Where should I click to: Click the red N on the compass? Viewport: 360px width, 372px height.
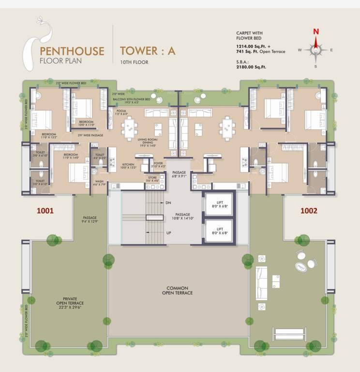pyautogui.click(x=316, y=32)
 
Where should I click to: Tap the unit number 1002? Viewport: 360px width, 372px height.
pyautogui.click(x=309, y=211)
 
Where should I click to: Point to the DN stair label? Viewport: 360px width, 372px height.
pyautogui.click(x=168, y=203)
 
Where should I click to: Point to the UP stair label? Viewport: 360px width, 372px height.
pyautogui.click(x=168, y=233)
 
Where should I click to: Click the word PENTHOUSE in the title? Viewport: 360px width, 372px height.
pyautogui.click(x=72, y=50)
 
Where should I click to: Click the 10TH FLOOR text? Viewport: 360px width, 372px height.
pyautogui.click(x=134, y=62)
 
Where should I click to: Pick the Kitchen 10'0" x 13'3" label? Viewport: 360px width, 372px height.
pyautogui.click(x=128, y=166)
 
